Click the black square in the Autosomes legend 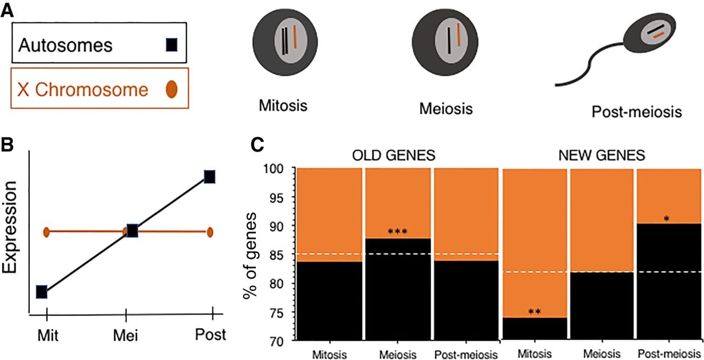pyautogui.click(x=171, y=45)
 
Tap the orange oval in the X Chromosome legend pyautogui.click(x=171, y=89)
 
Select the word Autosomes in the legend pyautogui.click(x=65, y=45)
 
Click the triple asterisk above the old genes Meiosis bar pyautogui.click(x=398, y=232)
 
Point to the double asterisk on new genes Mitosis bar pyautogui.click(x=535, y=312)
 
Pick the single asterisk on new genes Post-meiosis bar pyautogui.click(x=667, y=219)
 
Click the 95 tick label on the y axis pyautogui.click(x=277, y=198)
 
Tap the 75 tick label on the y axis pyautogui.click(x=277, y=313)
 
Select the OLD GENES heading pyautogui.click(x=394, y=155)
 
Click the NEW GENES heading pyautogui.click(x=602, y=155)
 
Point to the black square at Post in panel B pyautogui.click(x=210, y=177)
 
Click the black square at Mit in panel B pyautogui.click(x=42, y=292)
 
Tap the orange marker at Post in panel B pyautogui.click(x=210, y=232)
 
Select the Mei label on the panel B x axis pyautogui.click(x=126, y=335)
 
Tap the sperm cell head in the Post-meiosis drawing pyautogui.click(x=650, y=36)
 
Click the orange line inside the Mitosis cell pyautogui.click(x=295, y=37)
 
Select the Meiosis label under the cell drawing pyautogui.click(x=446, y=109)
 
